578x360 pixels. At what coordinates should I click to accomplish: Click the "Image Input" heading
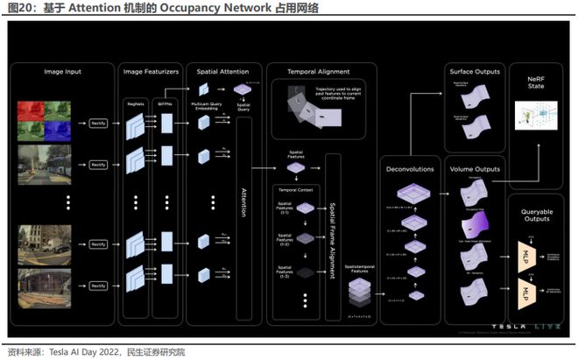pyautogui.click(x=62, y=71)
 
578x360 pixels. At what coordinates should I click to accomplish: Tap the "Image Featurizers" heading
pyautogui.click(x=152, y=71)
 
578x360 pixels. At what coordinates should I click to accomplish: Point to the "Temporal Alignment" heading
pyautogui.click(x=320, y=71)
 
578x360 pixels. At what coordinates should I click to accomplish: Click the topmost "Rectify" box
pyautogui.click(x=98, y=124)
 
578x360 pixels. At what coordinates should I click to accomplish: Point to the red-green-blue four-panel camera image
pyautogui.click(x=46, y=121)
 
